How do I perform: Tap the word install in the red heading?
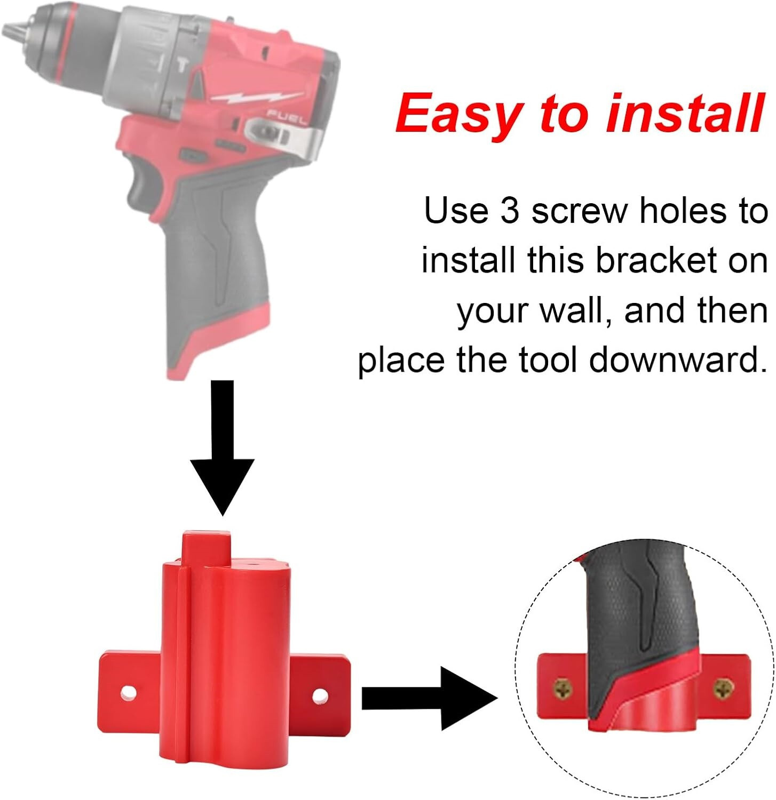[686, 113]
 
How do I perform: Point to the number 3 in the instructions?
[510, 211]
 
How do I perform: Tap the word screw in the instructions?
[580, 211]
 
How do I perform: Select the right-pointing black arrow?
[427, 698]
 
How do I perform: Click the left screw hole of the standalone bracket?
[128, 693]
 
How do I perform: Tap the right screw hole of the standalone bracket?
[320, 695]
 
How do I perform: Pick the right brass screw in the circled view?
[723, 689]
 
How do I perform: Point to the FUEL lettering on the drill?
[286, 117]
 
